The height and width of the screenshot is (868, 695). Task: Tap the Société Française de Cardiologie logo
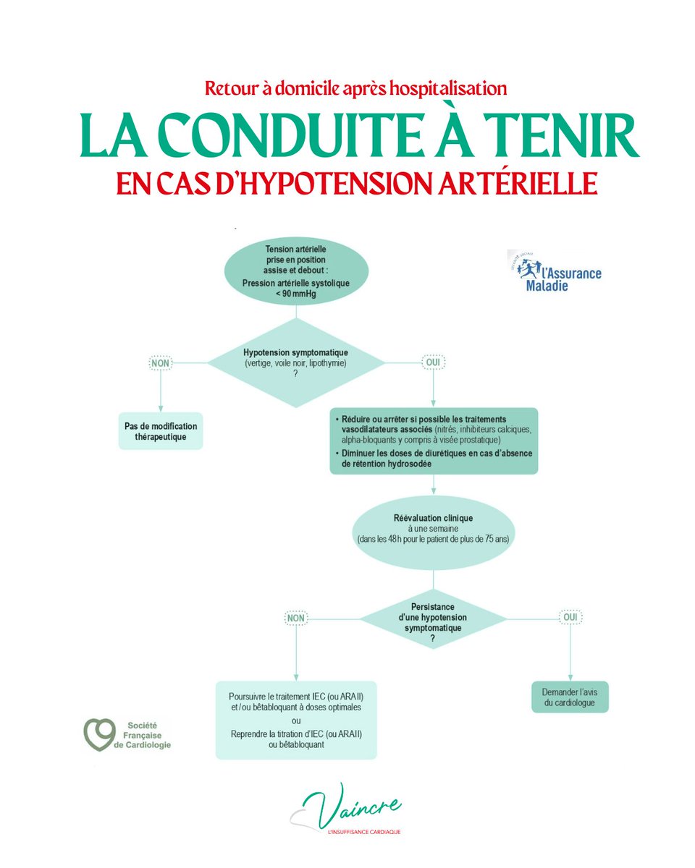point(127,734)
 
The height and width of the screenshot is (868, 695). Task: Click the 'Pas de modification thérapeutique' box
point(160,431)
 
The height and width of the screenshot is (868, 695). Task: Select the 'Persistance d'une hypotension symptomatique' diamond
point(433,618)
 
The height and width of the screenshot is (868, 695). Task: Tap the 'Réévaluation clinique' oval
point(433,528)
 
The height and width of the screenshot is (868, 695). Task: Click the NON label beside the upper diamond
point(160,362)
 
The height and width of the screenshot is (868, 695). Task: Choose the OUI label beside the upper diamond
point(434,362)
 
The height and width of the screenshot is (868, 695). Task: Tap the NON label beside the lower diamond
point(296,618)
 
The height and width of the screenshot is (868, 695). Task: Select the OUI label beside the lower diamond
point(570,618)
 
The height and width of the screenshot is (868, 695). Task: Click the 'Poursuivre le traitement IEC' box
point(296,720)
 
